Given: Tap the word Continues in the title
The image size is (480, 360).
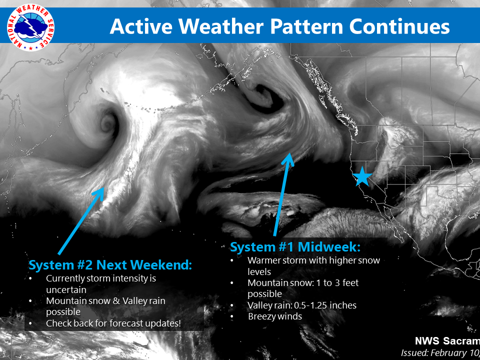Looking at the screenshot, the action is (399, 26).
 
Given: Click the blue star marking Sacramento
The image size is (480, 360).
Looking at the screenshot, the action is (362, 176).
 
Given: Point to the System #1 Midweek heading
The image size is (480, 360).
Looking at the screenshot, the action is (295, 247).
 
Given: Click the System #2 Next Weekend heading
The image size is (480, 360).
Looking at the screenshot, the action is (110, 265).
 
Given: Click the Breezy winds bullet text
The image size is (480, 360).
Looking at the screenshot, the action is (275, 316).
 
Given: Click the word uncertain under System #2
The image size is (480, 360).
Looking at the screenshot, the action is (66, 289).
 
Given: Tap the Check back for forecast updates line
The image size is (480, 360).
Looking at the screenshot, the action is (113, 323).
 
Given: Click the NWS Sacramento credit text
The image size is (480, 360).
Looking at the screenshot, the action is (447, 341).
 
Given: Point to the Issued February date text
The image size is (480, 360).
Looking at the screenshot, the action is (440, 352).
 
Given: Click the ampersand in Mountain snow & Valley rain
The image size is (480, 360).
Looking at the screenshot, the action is (115, 301).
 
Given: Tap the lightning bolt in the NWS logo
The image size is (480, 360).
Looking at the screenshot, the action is (33, 27).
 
